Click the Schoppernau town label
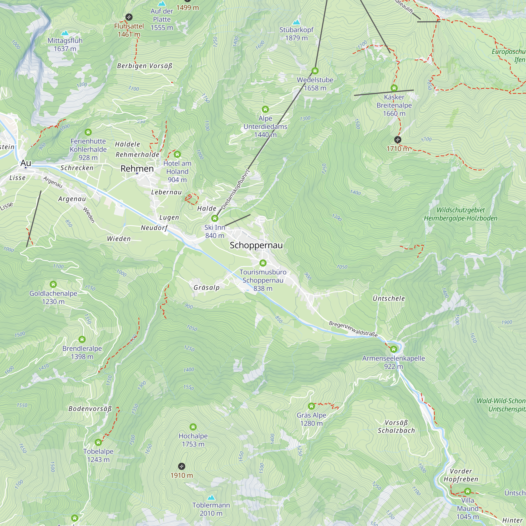pyautogui.click(x=256, y=245)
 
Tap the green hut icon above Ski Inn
pyautogui.click(x=215, y=218)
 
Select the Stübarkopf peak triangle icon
pyautogui.click(x=296, y=22)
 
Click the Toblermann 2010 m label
pyautogui.click(x=211, y=509)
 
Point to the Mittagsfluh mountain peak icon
pyautogui.click(x=65, y=33)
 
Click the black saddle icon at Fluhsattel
pyautogui.click(x=129, y=17)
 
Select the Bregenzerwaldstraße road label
pyautogui.click(x=353, y=329)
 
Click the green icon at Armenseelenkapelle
pyautogui.click(x=393, y=349)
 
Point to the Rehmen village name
pyautogui.click(x=137, y=169)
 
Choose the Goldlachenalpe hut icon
pyautogui.click(x=53, y=285)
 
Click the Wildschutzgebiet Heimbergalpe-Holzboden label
pyautogui.click(x=461, y=214)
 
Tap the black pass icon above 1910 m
pyautogui.click(x=181, y=466)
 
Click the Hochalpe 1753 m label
pyautogui.click(x=193, y=440)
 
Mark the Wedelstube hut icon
pyautogui.click(x=315, y=71)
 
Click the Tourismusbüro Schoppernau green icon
pyautogui.click(x=263, y=263)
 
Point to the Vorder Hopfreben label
pyautogui.click(x=461, y=475)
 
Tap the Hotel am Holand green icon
pyautogui.click(x=177, y=154)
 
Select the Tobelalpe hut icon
pyautogui.click(x=98, y=442)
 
